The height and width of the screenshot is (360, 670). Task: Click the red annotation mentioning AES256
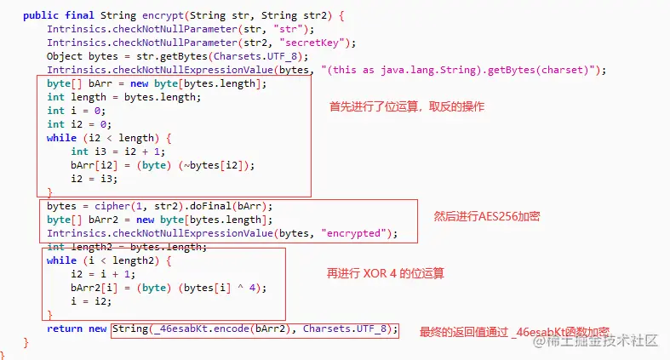[x=487, y=217]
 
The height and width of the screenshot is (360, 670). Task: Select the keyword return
[x=65, y=329]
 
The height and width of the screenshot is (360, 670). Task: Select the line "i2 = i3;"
[x=94, y=179]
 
